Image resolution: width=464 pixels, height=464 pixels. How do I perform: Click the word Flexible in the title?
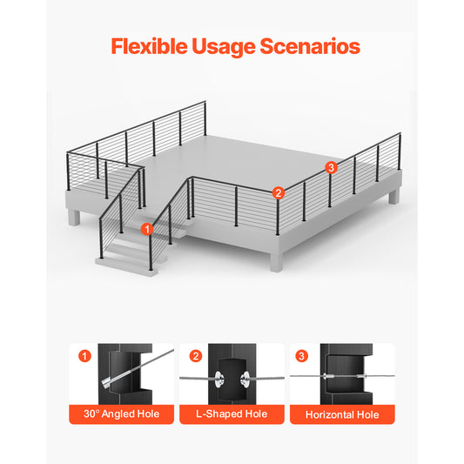click(149, 46)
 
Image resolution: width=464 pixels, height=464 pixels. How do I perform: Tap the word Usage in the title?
click(224, 47)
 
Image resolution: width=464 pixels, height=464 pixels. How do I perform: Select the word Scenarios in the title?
click(310, 46)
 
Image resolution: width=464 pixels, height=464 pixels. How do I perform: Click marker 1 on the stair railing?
click(147, 229)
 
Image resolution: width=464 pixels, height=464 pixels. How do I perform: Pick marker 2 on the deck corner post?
click(279, 193)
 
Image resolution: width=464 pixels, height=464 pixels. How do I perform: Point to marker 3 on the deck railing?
click(331, 167)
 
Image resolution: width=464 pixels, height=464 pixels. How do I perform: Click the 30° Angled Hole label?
click(121, 414)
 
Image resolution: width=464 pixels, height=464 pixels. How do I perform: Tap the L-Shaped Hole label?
click(232, 414)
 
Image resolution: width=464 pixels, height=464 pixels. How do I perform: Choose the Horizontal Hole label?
click(342, 414)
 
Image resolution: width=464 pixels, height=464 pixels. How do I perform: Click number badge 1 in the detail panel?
click(84, 356)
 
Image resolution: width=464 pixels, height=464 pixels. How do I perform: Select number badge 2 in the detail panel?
click(196, 356)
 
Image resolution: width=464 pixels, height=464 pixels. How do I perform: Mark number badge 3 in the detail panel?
click(301, 356)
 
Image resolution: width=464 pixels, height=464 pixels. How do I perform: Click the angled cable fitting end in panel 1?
click(106, 382)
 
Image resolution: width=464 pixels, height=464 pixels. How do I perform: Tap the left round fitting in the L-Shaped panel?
click(219, 379)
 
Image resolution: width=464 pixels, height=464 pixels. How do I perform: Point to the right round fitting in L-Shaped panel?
click(245, 379)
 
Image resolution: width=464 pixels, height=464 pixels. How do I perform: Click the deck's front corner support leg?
click(276, 261)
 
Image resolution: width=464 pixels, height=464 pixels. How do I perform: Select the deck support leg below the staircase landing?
click(74, 217)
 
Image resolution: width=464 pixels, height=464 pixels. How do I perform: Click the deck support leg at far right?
click(393, 196)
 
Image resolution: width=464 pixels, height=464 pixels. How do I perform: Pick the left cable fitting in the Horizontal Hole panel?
click(328, 376)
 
